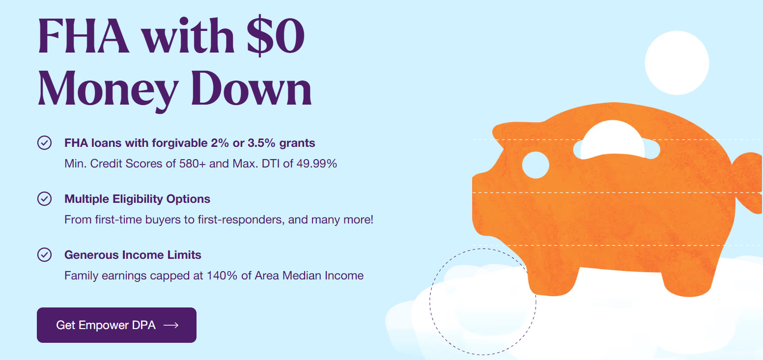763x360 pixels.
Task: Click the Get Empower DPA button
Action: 116,325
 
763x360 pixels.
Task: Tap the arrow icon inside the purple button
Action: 171,325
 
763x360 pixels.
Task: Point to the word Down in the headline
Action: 252,88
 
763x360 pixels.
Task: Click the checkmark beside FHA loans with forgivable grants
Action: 44,143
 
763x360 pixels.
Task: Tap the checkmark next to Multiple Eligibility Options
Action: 44,198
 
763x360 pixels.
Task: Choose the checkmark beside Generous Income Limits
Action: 44,254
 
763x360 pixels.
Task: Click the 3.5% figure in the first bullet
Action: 261,143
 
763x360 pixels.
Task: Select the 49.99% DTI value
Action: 316,164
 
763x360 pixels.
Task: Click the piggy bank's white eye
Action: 536,165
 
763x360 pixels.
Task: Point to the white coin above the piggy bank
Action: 677,63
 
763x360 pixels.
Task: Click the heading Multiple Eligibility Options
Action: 137,199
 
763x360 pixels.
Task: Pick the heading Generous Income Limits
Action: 133,255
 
